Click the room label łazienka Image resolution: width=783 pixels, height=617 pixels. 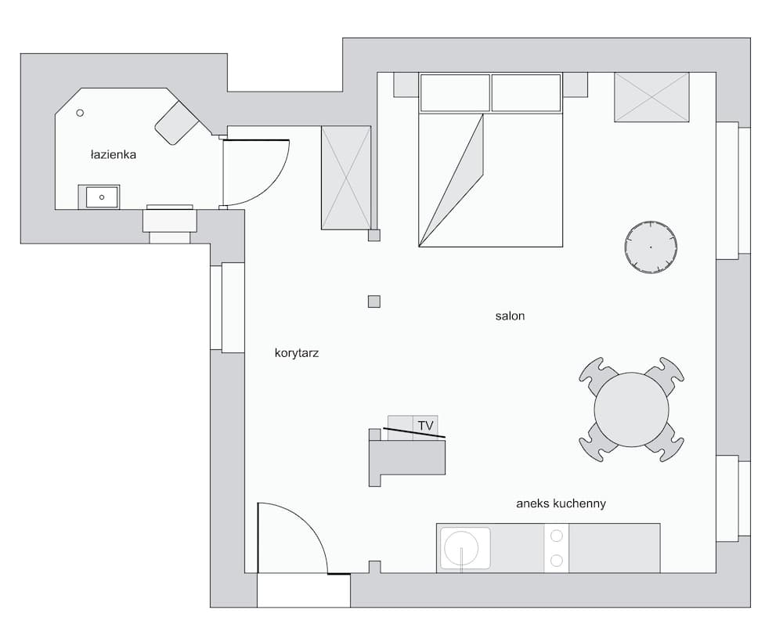pyautogui.click(x=114, y=155)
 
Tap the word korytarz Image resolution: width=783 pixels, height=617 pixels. pyautogui.click(x=297, y=353)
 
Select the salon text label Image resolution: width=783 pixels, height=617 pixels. pyautogui.click(x=510, y=316)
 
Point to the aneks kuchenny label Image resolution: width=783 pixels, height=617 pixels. pyautogui.click(x=561, y=503)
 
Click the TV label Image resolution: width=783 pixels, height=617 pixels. pyautogui.click(x=425, y=425)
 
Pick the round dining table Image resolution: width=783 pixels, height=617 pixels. pyautogui.click(x=631, y=410)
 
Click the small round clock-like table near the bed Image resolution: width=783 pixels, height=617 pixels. pyautogui.click(x=650, y=247)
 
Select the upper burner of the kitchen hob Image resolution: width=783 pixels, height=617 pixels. pyautogui.click(x=557, y=536)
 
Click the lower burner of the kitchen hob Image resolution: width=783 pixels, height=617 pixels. pyautogui.click(x=557, y=560)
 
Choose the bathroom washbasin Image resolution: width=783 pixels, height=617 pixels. pyautogui.click(x=99, y=197)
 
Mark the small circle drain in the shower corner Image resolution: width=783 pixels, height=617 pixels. pyautogui.click(x=80, y=114)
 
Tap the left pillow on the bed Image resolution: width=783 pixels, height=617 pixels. pyautogui.click(x=455, y=93)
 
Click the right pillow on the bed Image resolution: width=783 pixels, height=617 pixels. pyautogui.click(x=526, y=93)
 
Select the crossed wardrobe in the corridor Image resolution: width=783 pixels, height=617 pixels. pyautogui.click(x=346, y=178)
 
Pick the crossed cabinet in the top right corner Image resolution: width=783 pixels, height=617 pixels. pyautogui.click(x=651, y=97)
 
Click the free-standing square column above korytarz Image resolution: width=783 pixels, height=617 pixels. pyautogui.click(x=374, y=301)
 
